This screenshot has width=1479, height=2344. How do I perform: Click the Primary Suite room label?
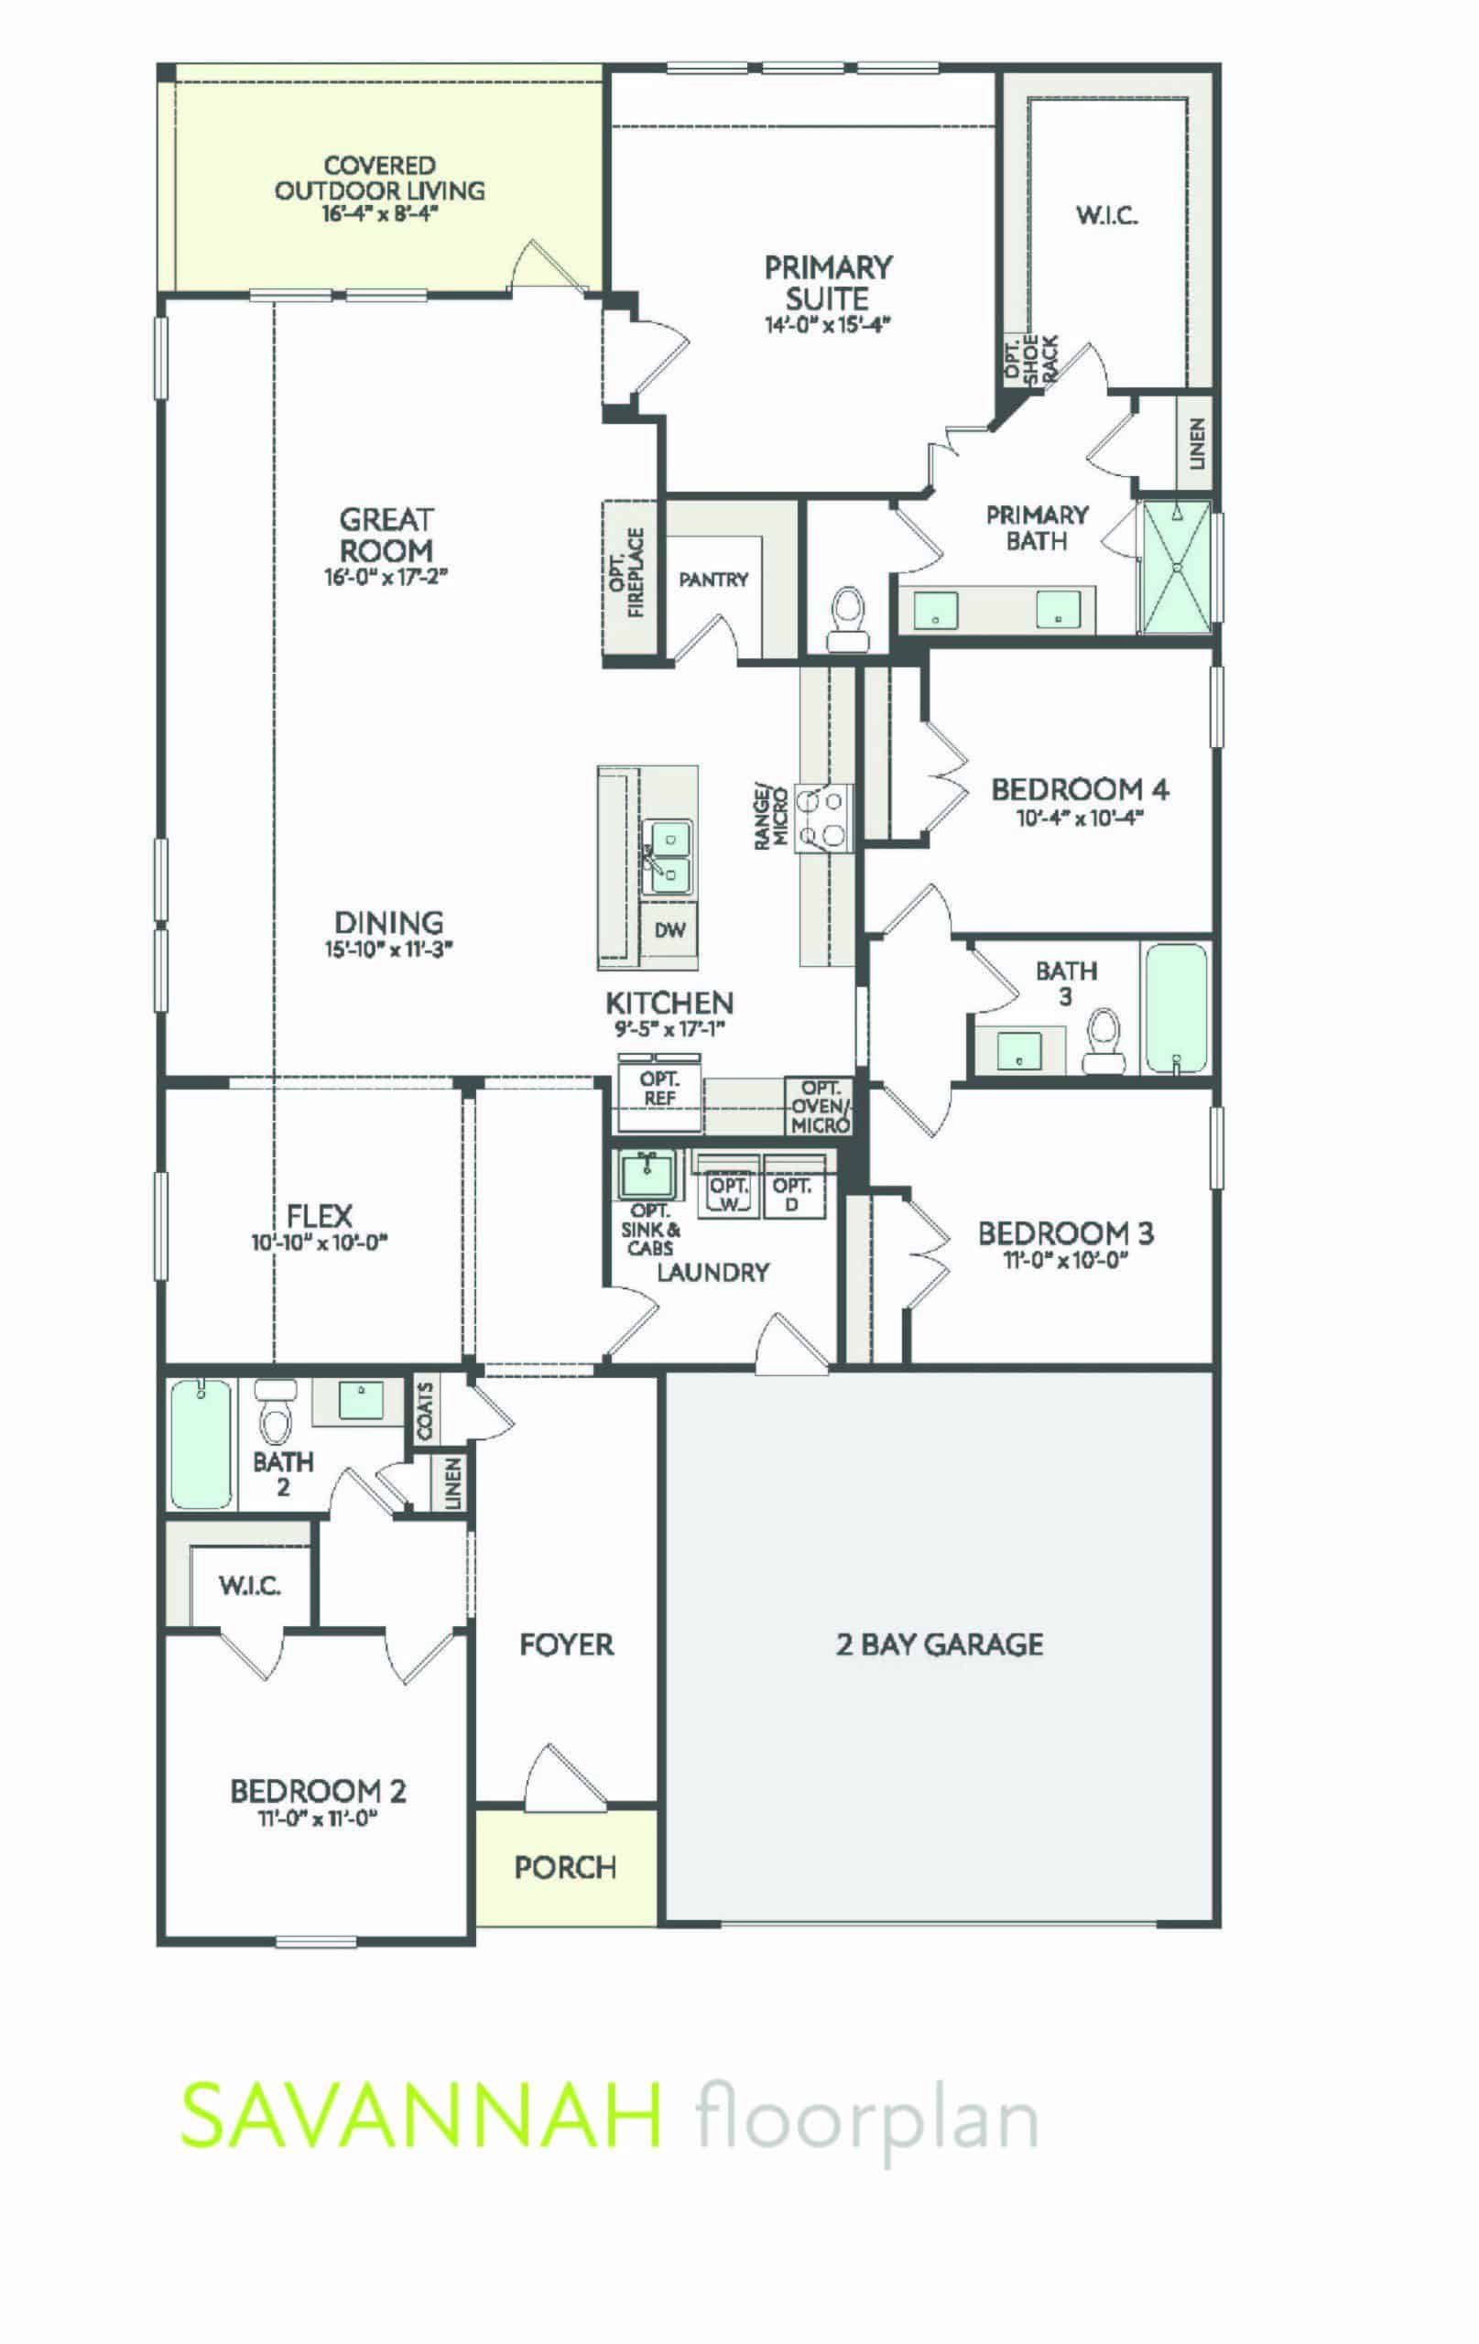coord(828,282)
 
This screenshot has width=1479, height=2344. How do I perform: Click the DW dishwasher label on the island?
coord(669,930)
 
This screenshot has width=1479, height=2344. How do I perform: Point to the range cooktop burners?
coord(822,818)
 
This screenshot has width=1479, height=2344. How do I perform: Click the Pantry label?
coord(713,581)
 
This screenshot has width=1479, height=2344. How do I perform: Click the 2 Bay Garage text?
coord(940,1645)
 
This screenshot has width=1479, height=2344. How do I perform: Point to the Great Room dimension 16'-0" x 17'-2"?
coord(386,577)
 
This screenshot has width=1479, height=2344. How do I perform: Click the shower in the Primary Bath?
coord(1175,567)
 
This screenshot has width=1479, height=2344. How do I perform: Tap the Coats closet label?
coord(425,1410)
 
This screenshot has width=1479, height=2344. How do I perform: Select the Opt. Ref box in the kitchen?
coord(659,1090)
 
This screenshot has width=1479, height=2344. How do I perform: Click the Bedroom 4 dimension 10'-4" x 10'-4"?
coord(1079,818)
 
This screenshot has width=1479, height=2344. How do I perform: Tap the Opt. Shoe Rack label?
coord(1030,361)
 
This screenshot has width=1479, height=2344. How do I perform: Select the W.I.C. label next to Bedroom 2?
coord(250,1586)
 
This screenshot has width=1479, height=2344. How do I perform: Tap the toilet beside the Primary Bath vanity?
coord(845,619)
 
